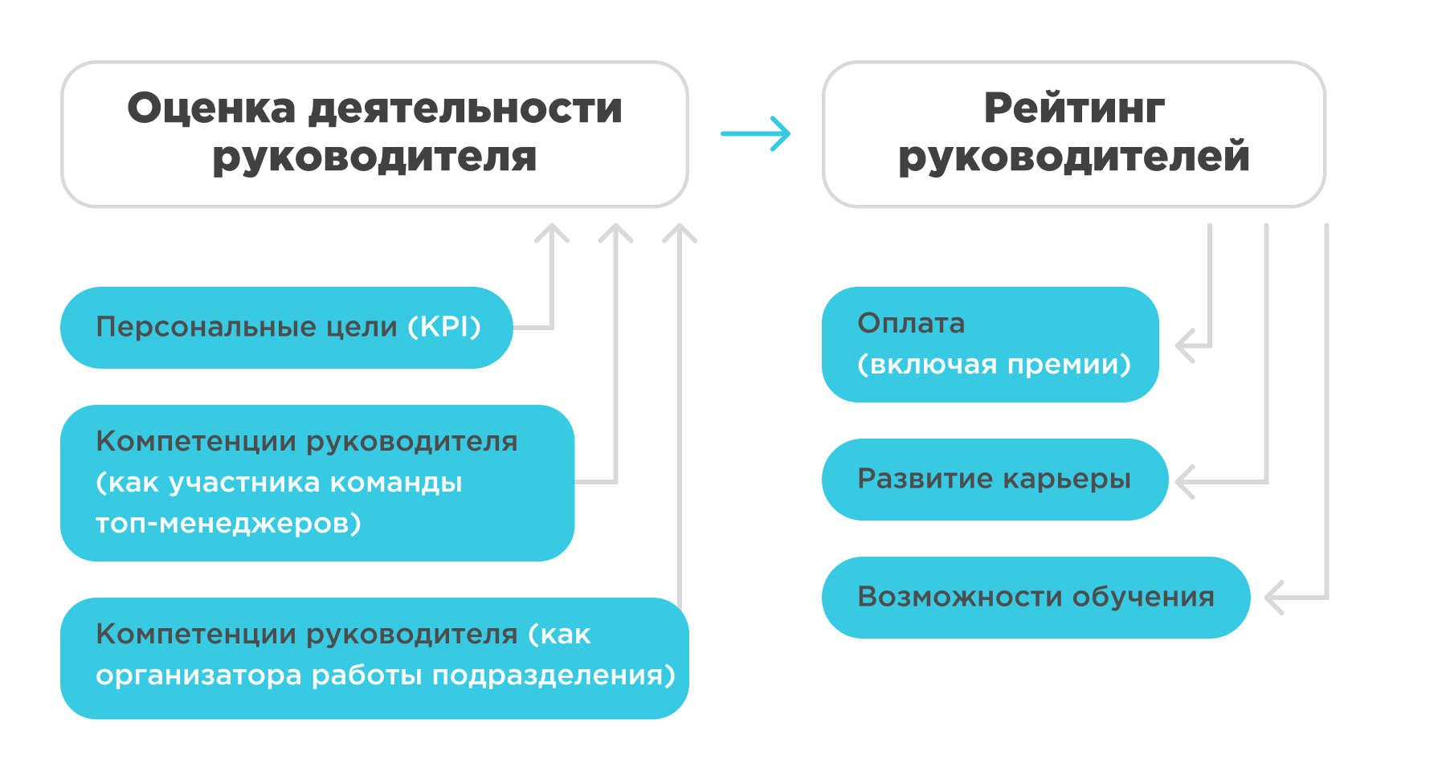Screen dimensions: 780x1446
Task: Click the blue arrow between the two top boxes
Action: [x=755, y=133]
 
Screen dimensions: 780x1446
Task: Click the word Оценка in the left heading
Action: [x=211, y=108]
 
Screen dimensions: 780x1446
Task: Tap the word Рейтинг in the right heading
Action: [x=1074, y=108]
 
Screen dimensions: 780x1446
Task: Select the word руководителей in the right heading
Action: [x=1074, y=156]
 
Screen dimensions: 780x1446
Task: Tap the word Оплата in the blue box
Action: [x=911, y=323]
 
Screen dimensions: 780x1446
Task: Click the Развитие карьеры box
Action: [x=994, y=480]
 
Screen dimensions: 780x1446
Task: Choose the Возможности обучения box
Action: [x=1035, y=597]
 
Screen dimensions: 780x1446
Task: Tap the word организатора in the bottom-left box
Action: [x=198, y=676]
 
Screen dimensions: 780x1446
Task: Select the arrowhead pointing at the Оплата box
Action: [x=1184, y=346]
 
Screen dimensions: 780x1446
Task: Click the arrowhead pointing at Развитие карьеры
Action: [x=1184, y=482]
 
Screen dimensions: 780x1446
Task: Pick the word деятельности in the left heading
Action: [x=465, y=108]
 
